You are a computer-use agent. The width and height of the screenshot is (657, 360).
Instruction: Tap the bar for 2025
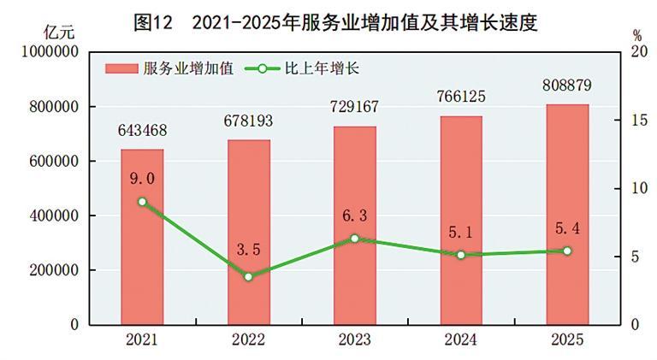[x=567, y=215]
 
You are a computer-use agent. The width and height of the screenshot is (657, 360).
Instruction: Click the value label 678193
[x=248, y=121]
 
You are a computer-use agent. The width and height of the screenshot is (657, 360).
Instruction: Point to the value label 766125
[x=461, y=97]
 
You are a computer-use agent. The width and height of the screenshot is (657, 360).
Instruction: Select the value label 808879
[x=567, y=86]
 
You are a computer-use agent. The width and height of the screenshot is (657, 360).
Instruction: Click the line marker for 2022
[x=248, y=276]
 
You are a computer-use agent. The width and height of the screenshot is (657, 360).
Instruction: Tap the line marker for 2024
[x=461, y=255]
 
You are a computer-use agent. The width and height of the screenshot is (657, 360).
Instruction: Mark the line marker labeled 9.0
[x=142, y=202]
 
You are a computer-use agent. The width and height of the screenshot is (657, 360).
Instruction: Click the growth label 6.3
[x=354, y=217]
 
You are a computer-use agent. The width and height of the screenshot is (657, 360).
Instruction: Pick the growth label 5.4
[x=567, y=230]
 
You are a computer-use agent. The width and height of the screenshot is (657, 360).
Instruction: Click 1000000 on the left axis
[x=47, y=52]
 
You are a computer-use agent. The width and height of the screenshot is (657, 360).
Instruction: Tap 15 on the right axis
[x=636, y=121]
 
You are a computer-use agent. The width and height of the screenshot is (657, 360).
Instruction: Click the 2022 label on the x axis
[x=248, y=339]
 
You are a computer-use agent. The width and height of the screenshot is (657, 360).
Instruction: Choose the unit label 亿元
[x=59, y=33]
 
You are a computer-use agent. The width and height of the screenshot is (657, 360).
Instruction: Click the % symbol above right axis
[x=637, y=35]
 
